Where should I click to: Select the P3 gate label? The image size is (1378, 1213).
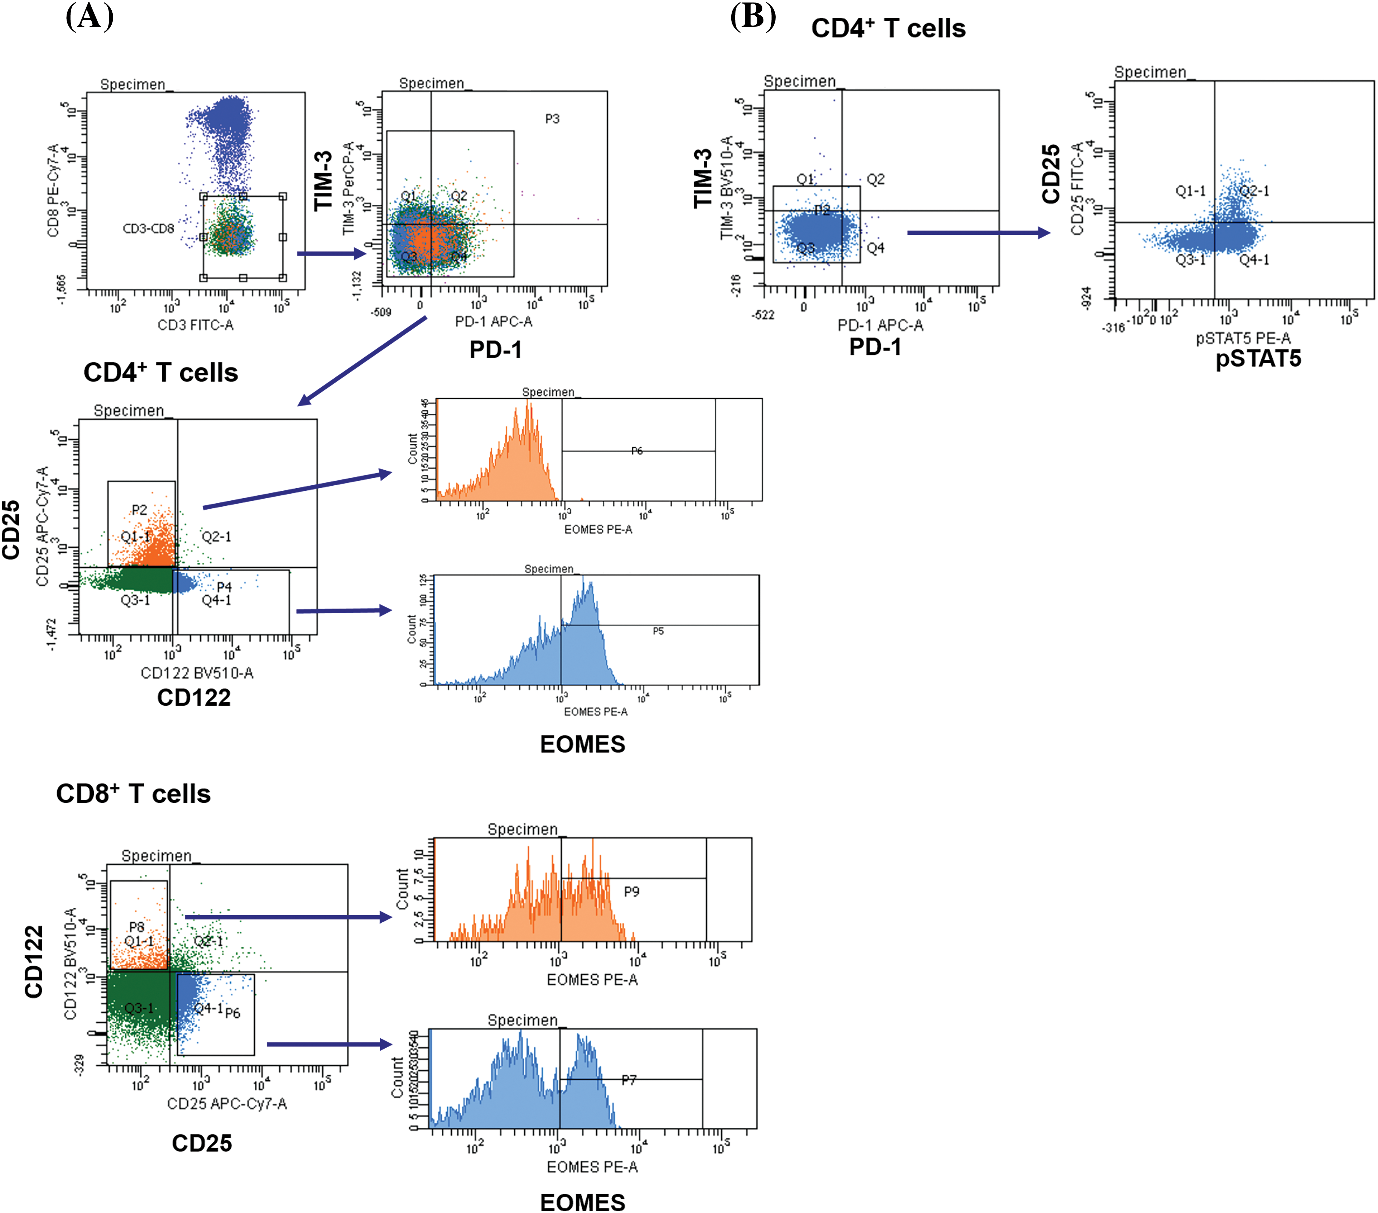pos(552,119)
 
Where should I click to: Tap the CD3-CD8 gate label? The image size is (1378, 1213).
pos(148,229)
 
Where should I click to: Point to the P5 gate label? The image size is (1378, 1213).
pos(658,631)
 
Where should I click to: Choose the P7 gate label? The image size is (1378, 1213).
pos(628,1080)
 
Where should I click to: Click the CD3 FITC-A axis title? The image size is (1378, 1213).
pos(195,325)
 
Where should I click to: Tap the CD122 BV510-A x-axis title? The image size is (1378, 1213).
pos(197,672)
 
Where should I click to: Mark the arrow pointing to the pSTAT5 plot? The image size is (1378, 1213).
pos(977,233)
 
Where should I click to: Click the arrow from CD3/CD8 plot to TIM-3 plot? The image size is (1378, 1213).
pos(330,253)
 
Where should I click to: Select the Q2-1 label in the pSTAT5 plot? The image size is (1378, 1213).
pos(1254,191)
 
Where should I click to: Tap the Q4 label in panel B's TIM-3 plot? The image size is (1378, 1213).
pos(875,248)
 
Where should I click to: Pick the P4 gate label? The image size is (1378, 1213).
pos(224,587)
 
